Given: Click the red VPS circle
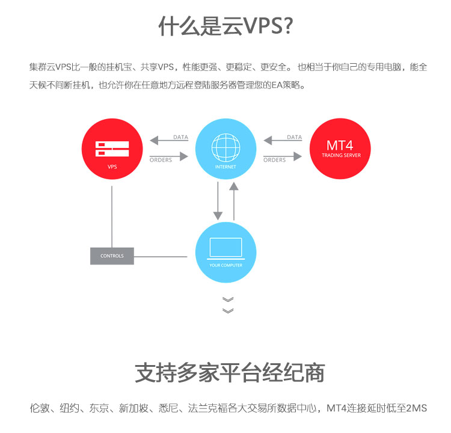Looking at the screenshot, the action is [x=112, y=149].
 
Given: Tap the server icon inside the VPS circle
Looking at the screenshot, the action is [x=112, y=149].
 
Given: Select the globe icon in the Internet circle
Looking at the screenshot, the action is [x=226, y=147].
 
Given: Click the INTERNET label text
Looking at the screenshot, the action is [x=226, y=167].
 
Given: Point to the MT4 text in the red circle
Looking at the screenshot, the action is [x=340, y=146].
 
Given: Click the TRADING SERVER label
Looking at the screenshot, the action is [x=341, y=155].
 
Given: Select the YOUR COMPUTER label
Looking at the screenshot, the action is [x=226, y=265].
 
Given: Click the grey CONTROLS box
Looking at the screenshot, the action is [x=112, y=256].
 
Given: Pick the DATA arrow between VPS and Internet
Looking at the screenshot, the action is [x=169, y=140].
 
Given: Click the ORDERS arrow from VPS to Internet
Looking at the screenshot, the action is [x=169, y=156].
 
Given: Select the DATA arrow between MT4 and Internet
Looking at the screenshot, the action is [x=283, y=140].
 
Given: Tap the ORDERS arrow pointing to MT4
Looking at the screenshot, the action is [x=283, y=156].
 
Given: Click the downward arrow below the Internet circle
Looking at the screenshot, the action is [x=218, y=201].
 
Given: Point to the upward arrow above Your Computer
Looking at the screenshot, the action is [x=234, y=201].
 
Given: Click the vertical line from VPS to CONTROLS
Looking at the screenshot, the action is [x=112, y=216].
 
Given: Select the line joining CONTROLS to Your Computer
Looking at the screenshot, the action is [x=161, y=256].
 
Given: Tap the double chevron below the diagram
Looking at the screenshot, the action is [x=228, y=305].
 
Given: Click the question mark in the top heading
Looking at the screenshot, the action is [x=288, y=26].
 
